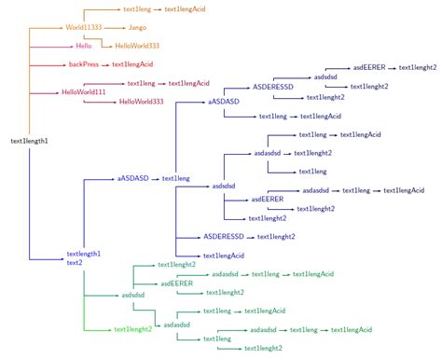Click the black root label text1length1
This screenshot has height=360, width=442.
point(29,141)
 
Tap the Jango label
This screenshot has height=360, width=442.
point(137,29)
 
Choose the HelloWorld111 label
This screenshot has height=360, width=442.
point(84,91)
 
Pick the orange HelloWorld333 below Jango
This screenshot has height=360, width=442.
point(136,45)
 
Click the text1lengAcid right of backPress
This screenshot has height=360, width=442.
point(132,64)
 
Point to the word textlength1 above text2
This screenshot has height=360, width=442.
point(84,254)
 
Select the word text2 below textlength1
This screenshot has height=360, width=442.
point(75,263)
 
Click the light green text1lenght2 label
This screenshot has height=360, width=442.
point(132,329)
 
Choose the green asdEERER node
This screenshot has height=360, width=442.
point(176,283)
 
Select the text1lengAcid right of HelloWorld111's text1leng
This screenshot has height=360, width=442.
point(189,83)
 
